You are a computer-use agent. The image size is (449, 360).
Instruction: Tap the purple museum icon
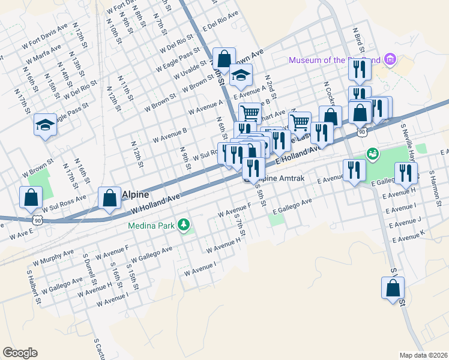pos(391,59)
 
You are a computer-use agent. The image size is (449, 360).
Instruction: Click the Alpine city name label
pos(135,195)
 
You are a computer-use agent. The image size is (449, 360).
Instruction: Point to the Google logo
pos(20,353)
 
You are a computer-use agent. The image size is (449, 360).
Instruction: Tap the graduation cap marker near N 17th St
pos(45,125)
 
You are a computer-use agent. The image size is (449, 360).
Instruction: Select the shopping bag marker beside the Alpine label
pos(109,197)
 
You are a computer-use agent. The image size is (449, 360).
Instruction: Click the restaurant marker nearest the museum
pos(360,70)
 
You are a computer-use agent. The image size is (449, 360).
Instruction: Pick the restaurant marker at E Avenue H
pos(406,173)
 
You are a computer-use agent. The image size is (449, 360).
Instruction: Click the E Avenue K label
pos(409,236)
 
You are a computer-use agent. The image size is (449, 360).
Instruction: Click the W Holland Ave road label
pos(155,203)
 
